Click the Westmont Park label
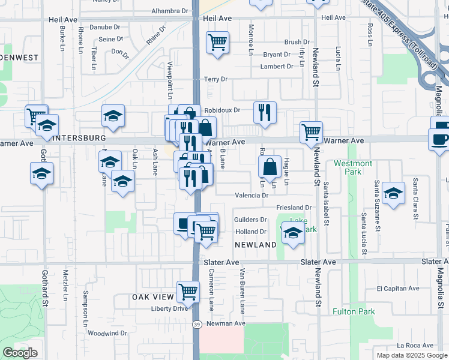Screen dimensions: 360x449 coord(353,167)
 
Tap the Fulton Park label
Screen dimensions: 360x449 coord(354,311)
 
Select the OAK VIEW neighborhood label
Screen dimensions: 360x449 coord(152,298)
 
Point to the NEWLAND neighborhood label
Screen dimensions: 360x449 coord(255,245)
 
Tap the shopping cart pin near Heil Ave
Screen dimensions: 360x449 coord(217,42)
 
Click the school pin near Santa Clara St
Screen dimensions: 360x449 coord(393,193)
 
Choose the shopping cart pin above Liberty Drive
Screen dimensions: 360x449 coord(188,292)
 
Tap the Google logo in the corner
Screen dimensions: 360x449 coord(20,353)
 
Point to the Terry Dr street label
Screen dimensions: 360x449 coord(215,79)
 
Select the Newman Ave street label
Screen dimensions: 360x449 coord(226,323)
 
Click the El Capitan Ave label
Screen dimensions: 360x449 coord(397,289)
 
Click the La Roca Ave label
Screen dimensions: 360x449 coord(415,346)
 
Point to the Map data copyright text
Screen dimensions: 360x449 coord(411,355)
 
